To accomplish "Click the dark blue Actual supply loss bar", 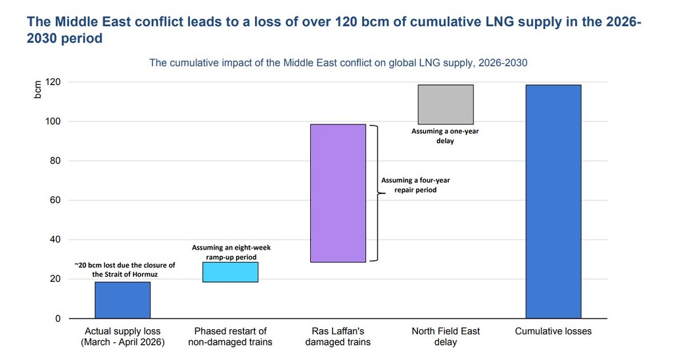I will pyautogui.click(x=122, y=300).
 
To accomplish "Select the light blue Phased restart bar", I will pyautogui.click(x=230, y=272).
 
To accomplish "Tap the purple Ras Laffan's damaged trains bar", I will pyautogui.click(x=338, y=193).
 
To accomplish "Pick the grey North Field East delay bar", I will pyautogui.click(x=446, y=104).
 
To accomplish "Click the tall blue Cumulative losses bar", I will pyautogui.click(x=553, y=202).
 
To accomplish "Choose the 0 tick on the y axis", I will pyautogui.click(x=58, y=319).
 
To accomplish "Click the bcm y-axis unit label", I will pyautogui.click(x=38, y=89).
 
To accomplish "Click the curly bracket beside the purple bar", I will pyautogui.click(x=376, y=193).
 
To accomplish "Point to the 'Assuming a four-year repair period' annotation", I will pyautogui.click(x=415, y=185).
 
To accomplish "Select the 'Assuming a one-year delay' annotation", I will pyautogui.click(x=445, y=136).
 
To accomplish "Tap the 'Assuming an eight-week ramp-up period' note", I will pyautogui.click(x=231, y=252).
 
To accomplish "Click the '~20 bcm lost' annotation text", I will pyautogui.click(x=124, y=269).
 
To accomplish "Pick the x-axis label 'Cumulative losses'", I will pyautogui.click(x=553, y=331).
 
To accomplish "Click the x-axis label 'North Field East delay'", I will pyautogui.click(x=446, y=336).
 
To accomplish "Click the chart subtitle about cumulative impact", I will pyautogui.click(x=338, y=63).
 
